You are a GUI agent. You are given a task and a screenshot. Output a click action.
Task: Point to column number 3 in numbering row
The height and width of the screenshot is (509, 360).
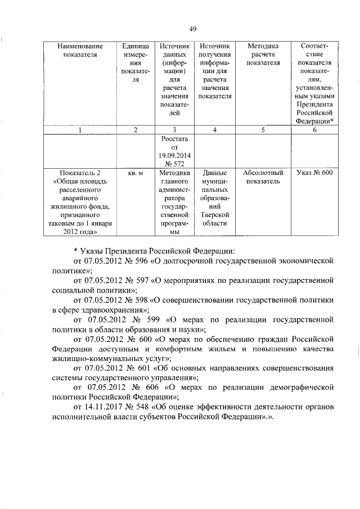[x=174, y=130]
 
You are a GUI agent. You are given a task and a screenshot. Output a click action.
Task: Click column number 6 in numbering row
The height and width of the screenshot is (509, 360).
[x=314, y=130]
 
